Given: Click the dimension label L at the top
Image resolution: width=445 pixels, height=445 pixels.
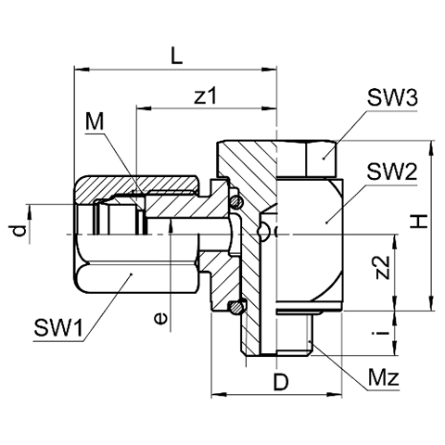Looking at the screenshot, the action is (177, 56).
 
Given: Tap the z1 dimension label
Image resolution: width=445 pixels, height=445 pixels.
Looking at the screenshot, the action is (206, 95).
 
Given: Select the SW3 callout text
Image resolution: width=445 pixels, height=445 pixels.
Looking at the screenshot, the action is (392, 97).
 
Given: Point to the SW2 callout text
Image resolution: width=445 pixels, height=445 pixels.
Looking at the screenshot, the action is (392, 172).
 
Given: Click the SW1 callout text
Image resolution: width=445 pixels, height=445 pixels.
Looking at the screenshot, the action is (58, 328).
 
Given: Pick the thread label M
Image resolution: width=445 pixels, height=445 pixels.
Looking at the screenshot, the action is (95, 121).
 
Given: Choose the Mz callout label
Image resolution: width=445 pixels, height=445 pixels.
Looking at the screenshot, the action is (384, 377).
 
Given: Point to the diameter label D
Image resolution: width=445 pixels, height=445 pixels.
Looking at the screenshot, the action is (281, 383).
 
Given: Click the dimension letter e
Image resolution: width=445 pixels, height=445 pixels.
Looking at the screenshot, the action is (161, 318).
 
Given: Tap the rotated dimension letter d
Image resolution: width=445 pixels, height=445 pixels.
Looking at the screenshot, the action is (19, 231).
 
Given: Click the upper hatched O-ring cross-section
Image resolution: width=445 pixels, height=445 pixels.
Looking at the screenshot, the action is (236, 202).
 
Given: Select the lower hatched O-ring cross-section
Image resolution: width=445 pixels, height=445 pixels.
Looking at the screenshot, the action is (235, 307).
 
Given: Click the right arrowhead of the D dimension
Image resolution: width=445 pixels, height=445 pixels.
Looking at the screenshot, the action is (335, 395).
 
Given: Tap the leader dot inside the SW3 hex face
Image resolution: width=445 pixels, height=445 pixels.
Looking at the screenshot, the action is (324, 159).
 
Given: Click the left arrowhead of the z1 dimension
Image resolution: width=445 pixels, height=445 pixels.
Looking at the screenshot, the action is (144, 108).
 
